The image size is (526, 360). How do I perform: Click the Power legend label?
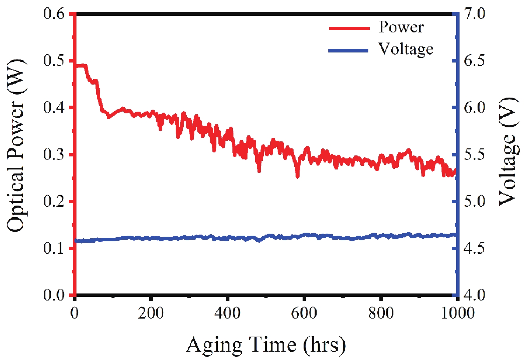[x=401, y=27]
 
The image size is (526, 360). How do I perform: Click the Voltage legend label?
[x=406, y=49]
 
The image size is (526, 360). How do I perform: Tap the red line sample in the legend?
[x=349, y=28]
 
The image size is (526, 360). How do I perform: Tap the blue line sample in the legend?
[x=348, y=51]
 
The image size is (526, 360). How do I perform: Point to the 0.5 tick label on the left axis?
[x=54, y=61]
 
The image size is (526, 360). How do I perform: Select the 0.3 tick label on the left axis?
[x=54, y=154]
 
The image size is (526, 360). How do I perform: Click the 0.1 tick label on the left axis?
[x=54, y=248]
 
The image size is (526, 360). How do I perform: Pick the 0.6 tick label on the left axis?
[x=54, y=14]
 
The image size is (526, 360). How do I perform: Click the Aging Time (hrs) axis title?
[x=266, y=345]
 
